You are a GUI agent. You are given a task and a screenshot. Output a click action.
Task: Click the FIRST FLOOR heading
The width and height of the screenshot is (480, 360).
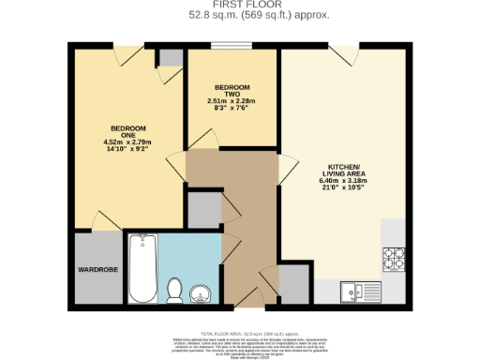(x=239, y=5)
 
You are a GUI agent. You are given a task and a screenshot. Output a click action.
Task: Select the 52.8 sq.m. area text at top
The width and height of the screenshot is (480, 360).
(x=239, y=15)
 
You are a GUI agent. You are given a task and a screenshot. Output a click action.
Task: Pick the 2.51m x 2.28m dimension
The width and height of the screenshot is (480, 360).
(x=231, y=100)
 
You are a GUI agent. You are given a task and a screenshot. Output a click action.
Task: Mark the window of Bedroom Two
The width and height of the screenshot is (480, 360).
(x=225, y=47)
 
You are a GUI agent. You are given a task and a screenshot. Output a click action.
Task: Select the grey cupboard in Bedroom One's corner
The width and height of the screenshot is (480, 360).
(x=171, y=58)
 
